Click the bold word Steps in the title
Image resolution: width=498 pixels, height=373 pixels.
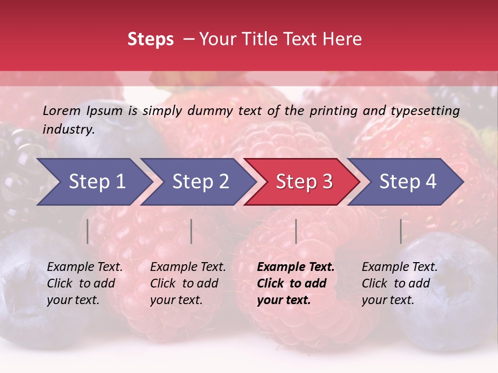[x=150, y=39]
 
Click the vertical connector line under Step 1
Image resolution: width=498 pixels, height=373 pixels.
[x=88, y=231]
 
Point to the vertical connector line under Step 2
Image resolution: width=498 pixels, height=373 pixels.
[x=191, y=231]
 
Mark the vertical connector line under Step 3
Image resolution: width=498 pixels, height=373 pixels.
[x=296, y=231]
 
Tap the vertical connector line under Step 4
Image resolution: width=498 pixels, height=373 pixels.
[x=400, y=231]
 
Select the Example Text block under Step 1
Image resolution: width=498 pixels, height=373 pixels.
[x=85, y=283]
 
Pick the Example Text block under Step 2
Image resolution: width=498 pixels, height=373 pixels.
[x=188, y=283]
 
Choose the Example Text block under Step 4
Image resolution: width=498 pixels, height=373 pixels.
[x=399, y=283]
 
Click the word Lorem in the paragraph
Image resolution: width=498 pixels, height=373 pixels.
[x=61, y=110]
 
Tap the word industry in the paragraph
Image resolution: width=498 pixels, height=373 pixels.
[x=68, y=130]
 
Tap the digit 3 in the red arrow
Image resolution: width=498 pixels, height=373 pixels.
[x=327, y=182]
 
